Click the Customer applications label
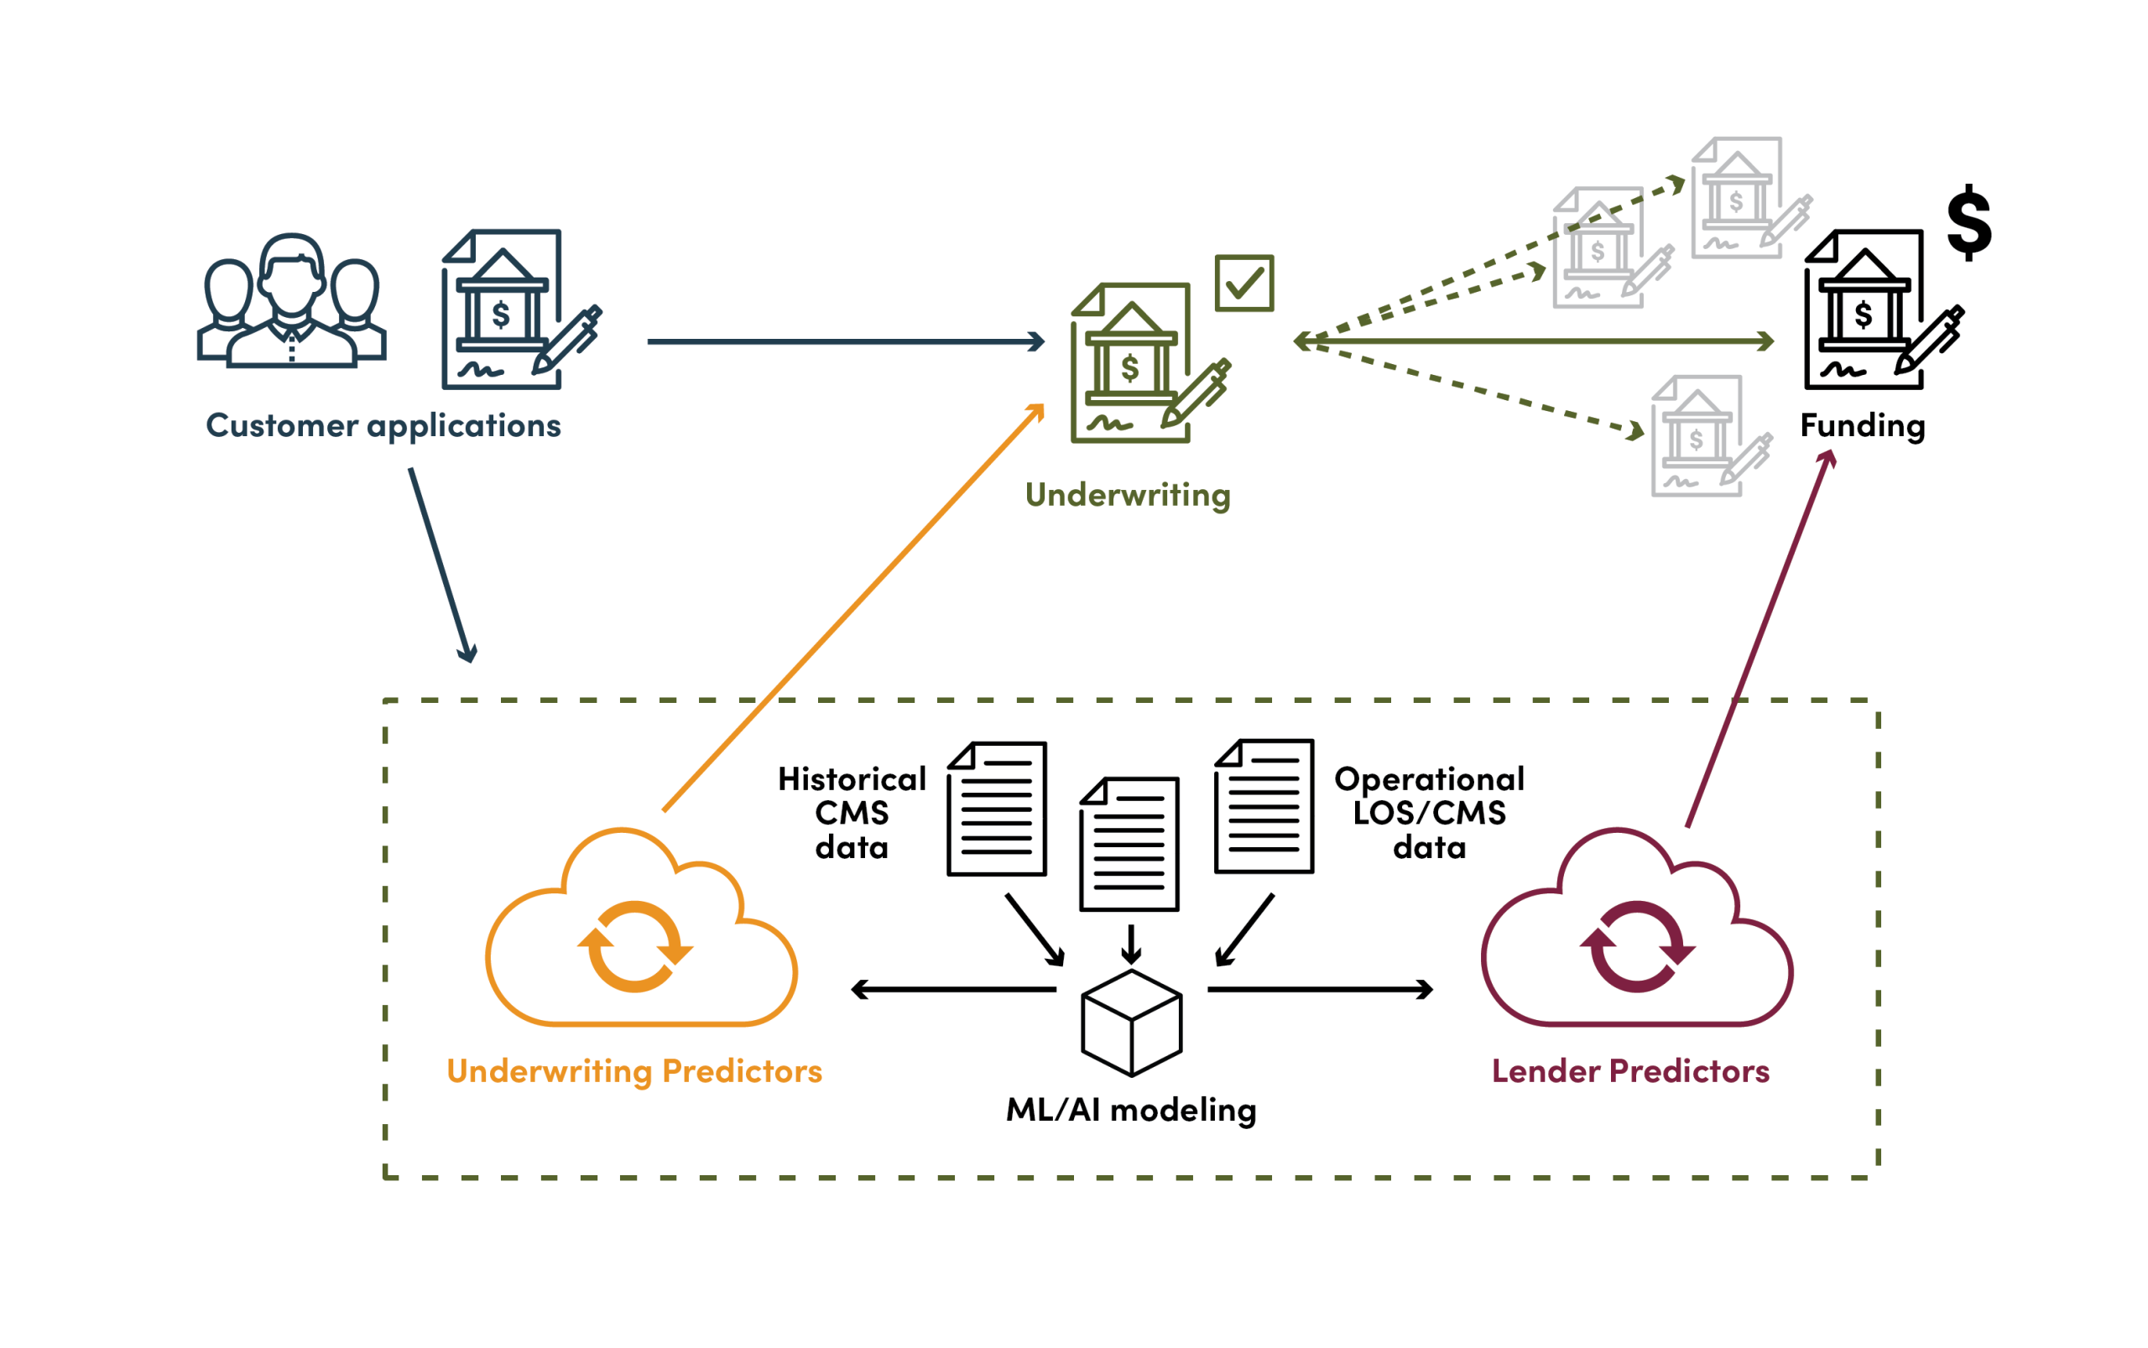tap(383, 425)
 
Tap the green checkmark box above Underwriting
tap(1243, 284)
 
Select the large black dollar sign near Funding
tap(1968, 222)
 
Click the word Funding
tap(1862, 425)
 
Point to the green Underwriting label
tap(1127, 495)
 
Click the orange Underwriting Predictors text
tap(634, 1070)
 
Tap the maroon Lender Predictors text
tap(1630, 1070)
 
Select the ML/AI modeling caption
tap(1130, 1110)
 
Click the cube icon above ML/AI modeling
tap(1130, 1023)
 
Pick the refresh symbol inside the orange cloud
tap(634, 946)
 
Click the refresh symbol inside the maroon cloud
tap(1637, 946)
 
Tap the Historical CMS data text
tap(852, 812)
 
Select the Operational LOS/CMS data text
tap(1428, 812)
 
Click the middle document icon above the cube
tap(1129, 843)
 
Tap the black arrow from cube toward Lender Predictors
tap(1320, 990)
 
